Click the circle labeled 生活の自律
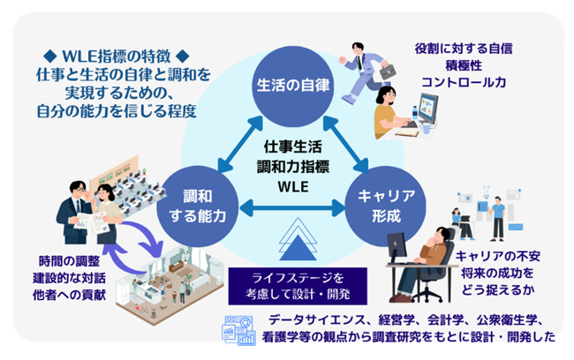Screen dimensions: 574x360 tap(293, 86)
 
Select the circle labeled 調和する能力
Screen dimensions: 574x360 tap(198, 206)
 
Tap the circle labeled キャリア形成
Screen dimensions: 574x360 tap(386, 206)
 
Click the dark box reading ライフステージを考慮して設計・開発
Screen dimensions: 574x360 tap(298, 286)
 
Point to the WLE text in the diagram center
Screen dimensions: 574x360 tap(293, 187)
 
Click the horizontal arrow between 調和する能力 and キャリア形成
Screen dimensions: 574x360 tap(292, 208)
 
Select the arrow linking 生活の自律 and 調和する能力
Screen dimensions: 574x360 tap(240, 144)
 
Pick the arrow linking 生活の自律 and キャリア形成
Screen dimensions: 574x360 tap(345, 144)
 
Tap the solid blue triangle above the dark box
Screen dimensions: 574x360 tap(298, 248)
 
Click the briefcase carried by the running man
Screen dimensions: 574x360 tap(388, 71)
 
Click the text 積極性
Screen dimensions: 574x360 tap(464, 65)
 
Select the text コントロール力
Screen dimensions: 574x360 tap(464, 82)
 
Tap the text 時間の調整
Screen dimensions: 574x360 tap(69, 261)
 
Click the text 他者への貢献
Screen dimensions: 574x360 tap(69, 295)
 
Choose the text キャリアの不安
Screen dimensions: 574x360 tap(498, 256)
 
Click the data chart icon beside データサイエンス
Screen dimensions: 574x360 tap(238, 330)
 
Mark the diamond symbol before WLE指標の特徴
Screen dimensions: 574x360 tap(49, 56)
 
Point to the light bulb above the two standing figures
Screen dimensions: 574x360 tap(487, 191)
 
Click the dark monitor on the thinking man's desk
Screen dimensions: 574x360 tap(397, 245)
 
